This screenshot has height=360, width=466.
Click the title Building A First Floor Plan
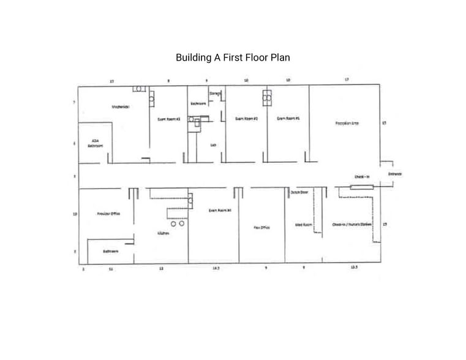[233, 58]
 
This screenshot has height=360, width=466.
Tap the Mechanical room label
[120, 107]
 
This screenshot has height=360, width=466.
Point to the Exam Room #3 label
[168, 119]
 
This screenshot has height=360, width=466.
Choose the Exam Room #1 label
[288, 118]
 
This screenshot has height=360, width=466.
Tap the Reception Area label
[347, 123]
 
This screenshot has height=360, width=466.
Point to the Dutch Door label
[299, 192]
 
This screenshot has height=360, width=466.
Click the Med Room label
[304, 224]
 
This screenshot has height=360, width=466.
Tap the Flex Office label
[261, 227]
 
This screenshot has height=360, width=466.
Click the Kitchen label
[163, 234]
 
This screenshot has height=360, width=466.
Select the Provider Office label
[108, 214]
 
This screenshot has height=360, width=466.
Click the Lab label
[214, 145]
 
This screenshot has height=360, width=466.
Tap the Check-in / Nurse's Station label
[352, 224]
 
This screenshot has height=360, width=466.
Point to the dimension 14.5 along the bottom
[216, 268]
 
